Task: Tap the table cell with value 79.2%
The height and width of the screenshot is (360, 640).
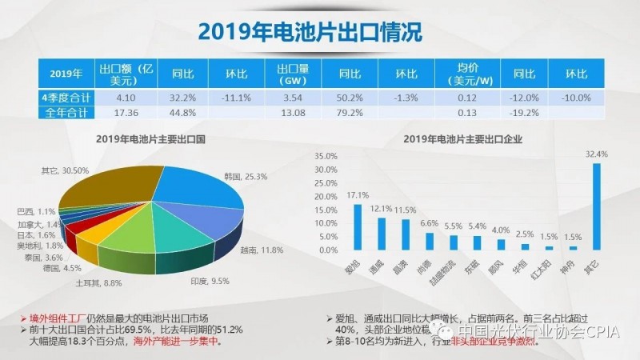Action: tap(346, 113)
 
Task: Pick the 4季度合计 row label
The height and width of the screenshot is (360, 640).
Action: tap(66, 97)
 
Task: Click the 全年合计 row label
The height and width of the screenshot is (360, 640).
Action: tap(66, 113)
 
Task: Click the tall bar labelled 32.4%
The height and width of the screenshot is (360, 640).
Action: tap(594, 206)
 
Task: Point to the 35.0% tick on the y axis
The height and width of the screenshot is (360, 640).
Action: tap(326, 154)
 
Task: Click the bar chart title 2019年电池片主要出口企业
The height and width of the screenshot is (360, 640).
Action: tap(468, 139)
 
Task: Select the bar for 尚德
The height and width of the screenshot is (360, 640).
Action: tap(429, 240)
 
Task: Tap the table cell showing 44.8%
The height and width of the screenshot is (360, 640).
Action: tap(175, 113)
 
